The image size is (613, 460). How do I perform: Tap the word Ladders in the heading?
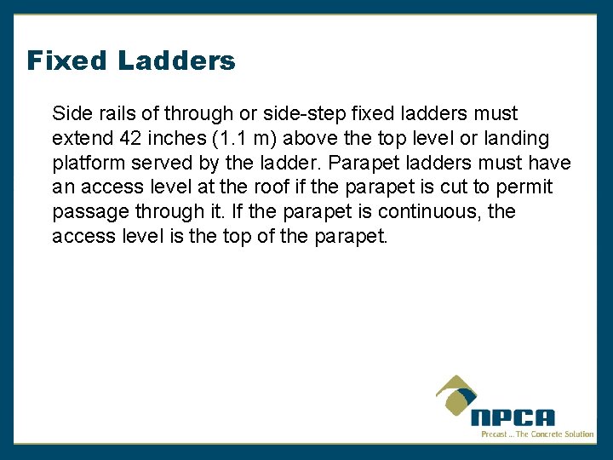click(176, 61)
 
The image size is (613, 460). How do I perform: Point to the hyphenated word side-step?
click(306, 113)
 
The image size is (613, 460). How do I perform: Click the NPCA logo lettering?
click(513, 418)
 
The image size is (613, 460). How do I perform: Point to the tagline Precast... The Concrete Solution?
click(537, 434)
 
